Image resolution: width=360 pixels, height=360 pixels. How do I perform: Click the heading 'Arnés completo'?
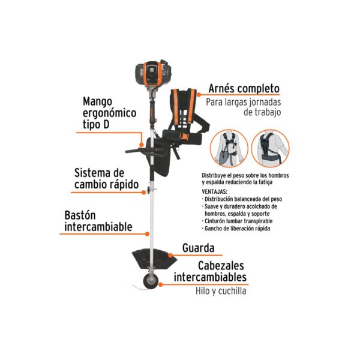point(244,89)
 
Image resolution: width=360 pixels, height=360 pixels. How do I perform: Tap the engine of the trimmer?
point(153,73)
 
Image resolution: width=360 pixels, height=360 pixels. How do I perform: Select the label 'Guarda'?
point(199,248)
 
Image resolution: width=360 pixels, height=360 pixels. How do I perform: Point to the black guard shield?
point(154,259)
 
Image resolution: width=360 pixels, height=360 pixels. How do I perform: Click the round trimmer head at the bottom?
point(151,281)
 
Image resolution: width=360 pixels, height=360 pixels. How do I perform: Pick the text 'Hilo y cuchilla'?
point(221,291)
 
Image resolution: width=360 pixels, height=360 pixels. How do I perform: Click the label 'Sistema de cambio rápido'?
point(107,179)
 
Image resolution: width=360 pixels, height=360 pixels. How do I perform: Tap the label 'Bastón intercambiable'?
point(98,221)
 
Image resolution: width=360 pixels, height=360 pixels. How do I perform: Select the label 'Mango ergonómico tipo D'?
point(109,113)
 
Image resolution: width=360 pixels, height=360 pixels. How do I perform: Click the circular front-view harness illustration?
point(229,148)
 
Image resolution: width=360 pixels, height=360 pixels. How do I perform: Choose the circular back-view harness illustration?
point(270,148)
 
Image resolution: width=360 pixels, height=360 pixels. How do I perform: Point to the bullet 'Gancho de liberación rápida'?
point(236,229)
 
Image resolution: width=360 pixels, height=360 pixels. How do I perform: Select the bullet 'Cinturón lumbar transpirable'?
point(237,221)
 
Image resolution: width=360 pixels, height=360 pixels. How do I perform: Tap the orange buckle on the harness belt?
point(184,137)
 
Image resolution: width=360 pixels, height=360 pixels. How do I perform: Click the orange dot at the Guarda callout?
point(170,255)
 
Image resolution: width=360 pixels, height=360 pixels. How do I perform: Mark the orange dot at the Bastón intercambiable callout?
point(147,234)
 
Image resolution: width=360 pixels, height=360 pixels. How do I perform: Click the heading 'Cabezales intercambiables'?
point(210,271)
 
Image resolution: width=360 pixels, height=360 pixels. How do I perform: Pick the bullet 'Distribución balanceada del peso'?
point(242,199)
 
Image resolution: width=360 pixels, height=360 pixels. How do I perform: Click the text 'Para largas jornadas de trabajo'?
point(244,107)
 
